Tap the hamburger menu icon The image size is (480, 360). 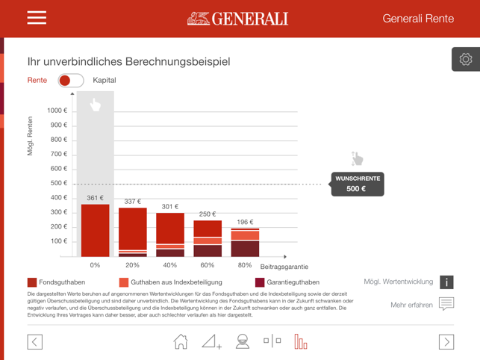coord(37,18)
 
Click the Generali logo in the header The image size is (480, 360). coord(238,19)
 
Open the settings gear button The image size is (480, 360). coord(466,60)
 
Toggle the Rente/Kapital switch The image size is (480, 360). coord(71,81)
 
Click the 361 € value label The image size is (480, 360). coord(95,198)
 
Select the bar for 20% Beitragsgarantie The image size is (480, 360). coord(132,232)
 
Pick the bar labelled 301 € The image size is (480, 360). coord(170,235)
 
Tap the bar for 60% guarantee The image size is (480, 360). coord(208,238)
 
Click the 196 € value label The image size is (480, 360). coord(245,222)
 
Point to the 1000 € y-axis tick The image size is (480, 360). coord(57,111)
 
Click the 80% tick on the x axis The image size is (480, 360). coord(245,265)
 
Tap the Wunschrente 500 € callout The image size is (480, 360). coord(357,184)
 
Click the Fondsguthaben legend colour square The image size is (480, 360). coord(32,282)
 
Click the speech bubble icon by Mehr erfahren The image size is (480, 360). coord(446,304)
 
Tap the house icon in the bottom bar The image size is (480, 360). coord(181,341)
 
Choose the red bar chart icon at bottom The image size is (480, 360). coord(301,341)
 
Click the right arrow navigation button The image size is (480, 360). coord(446,341)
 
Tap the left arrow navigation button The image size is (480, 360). coord(35,341)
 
